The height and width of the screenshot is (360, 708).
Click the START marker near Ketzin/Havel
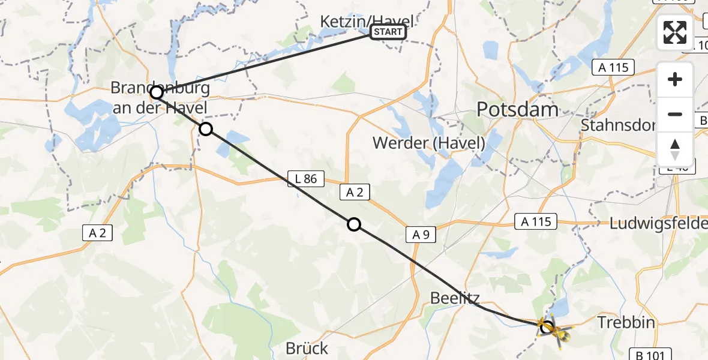pyautogui.click(x=388, y=32)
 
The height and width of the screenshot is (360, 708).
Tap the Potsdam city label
pyautogui.click(x=517, y=109)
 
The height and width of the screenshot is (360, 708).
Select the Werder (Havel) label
pyautogui.click(x=428, y=143)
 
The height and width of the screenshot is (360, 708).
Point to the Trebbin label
pyautogui.click(x=626, y=323)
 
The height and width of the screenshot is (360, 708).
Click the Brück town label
pyautogui.click(x=307, y=348)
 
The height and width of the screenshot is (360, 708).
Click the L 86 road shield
pyautogui.click(x=306, y=178)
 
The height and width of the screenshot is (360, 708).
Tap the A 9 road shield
pyautogui.click(x=421, y=235)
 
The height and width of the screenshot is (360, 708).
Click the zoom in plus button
pyautogui.click(x=675, y=80)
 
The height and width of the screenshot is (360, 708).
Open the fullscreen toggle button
pyautogui.click(x=675, y=32)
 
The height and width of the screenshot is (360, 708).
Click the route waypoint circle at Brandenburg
pyautogui.click(x=156, y=92)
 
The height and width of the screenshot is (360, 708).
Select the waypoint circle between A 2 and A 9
pyautogui.click(x=354, y=224)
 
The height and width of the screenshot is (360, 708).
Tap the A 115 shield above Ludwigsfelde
pyautogui.click(x=536, y=222)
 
